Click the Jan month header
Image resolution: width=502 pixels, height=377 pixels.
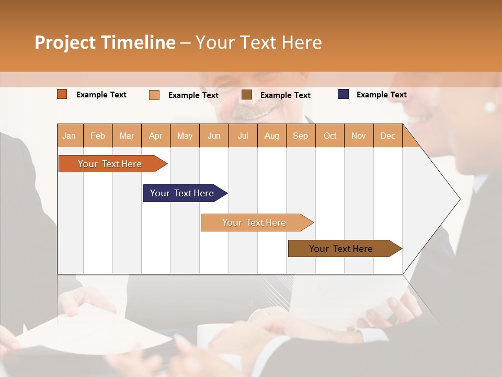70,136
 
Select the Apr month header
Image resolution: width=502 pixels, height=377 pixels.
156,136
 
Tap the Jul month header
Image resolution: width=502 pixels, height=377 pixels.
243,136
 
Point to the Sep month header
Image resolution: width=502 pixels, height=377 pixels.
301,136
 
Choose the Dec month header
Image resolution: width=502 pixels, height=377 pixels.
387,136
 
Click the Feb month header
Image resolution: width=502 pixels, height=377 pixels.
98,136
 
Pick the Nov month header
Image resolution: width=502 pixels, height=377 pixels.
359,136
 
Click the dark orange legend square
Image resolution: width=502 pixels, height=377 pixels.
62,94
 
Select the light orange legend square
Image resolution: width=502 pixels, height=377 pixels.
154,95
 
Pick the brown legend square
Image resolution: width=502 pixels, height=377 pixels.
247,94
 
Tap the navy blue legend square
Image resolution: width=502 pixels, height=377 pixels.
344,94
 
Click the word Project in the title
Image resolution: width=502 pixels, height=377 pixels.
65,42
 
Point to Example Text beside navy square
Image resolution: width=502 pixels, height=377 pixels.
381,95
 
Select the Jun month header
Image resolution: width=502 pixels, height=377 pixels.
214,136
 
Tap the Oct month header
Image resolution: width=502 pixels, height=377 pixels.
330,136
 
